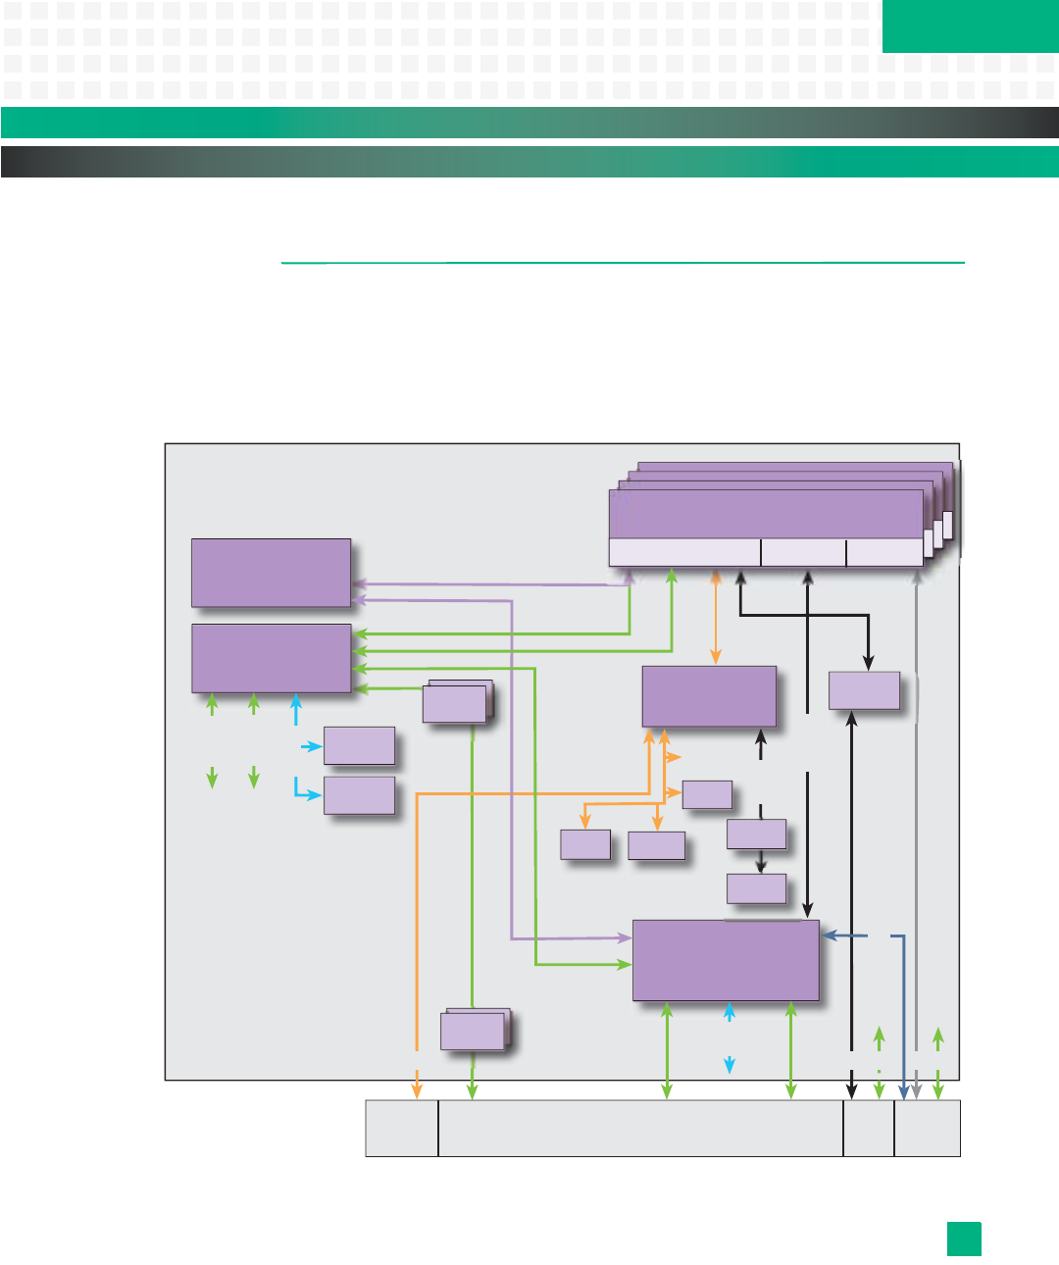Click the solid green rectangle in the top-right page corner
pyautogui.click(x=970, y=25)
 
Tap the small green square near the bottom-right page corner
pyautogui.click(x=964, y=1239)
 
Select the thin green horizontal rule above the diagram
pyautogui.click(x=623, y=263)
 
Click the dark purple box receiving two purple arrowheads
pyautogui.click(x=271, y=573)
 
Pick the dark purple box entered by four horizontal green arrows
pyautogui.click(x=271, y=658)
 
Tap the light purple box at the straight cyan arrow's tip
pyautogui.click(x=359, y=746)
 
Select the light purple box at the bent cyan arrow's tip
pyautogui.click(x=359, y=795)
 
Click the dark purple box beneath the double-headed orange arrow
pyautogui.click(x=709, y=696)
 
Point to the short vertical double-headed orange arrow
pyautogui.click(x=716, y=617)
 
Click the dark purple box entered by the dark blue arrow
pyautogui.click(x=726, y=960)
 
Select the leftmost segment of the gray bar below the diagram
pyautogui.click(x=402, y=1128)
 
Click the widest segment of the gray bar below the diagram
pyautogui.click(x=640, y=1128)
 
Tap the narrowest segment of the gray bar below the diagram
pyautogui.click(x=869, y=1128)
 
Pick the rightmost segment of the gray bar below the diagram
pyautogui.click(x=928, y=1128)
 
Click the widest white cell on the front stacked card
pyautogui.click(x=684, y=552)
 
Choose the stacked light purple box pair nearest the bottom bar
pyautogui.click(x=475, y=1031)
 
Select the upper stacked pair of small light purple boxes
pyautogui.click(x=456, y=703)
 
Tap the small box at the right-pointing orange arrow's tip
pyautogui.click(x=707, y=794)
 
